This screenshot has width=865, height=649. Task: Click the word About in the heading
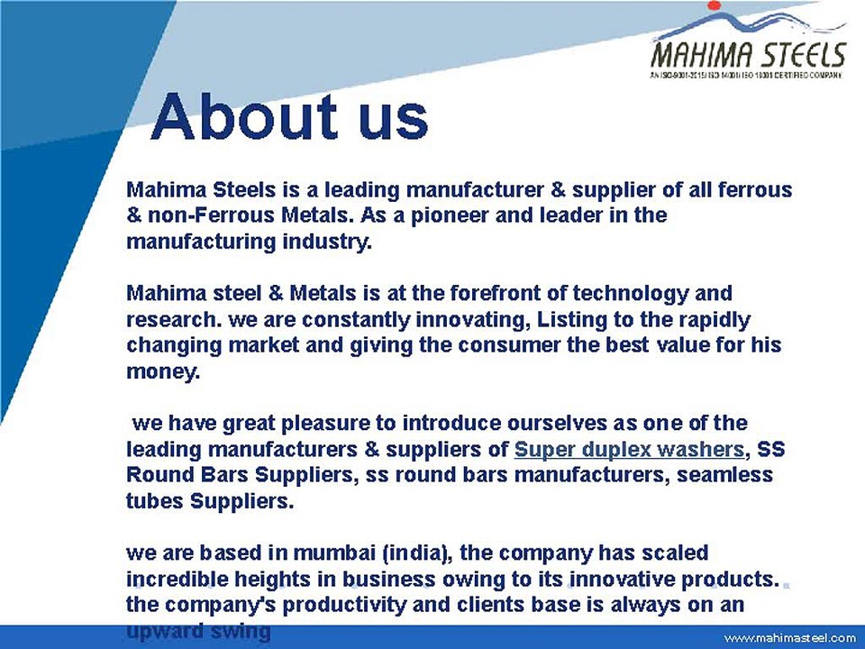pos(236,117)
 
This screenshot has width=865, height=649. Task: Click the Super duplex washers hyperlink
pos(629,449)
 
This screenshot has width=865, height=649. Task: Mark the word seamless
pos(724,474)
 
